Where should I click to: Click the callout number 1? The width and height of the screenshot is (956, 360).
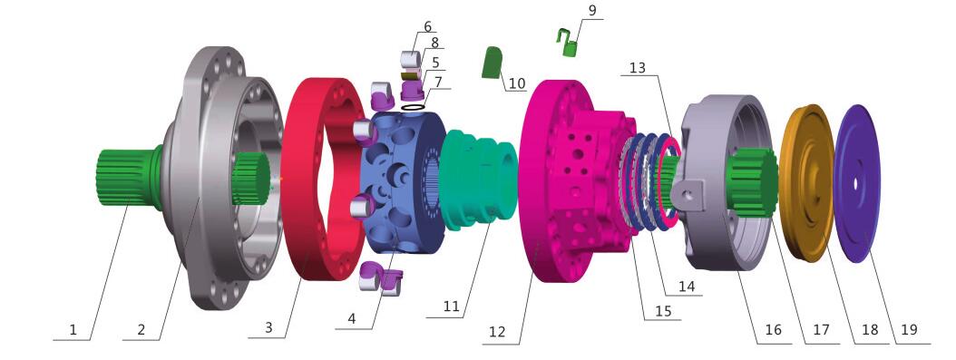[x=73, y=330]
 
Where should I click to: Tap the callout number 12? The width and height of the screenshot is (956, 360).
[x=497, y=332]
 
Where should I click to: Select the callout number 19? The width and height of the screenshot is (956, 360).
[x=909, y=329]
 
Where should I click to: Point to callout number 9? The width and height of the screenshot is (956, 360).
[x=592, y=10]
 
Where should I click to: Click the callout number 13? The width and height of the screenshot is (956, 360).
[x=637, y=67]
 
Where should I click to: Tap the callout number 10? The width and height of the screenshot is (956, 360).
[x=516, y=83]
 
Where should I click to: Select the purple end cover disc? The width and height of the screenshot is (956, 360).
[x=856, y=183]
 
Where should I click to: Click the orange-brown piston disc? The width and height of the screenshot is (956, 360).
[x=806, y=183]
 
